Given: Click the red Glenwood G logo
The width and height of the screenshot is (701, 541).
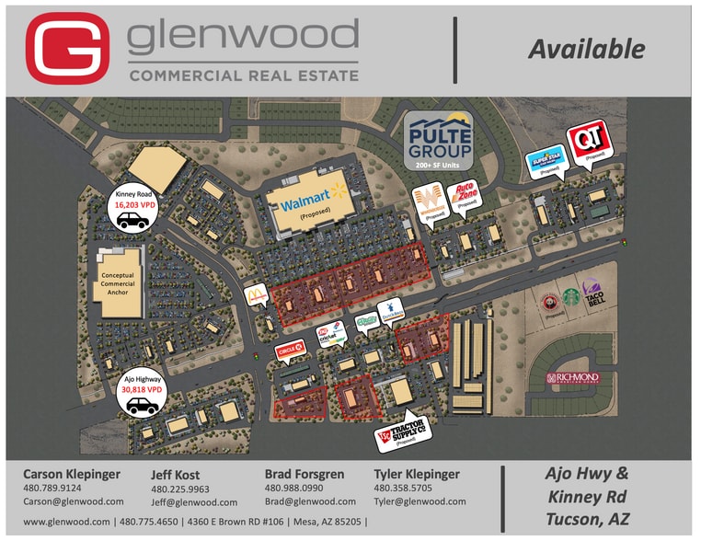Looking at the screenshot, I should coord(67,47).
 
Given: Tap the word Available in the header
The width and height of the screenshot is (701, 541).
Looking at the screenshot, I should coord(586,48).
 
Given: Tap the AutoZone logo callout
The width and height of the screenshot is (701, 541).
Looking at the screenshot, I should coord(465,196).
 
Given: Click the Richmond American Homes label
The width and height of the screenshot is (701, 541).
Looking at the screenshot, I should coord(572,377).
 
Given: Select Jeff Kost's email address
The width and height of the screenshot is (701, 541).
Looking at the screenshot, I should coord(194,502).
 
